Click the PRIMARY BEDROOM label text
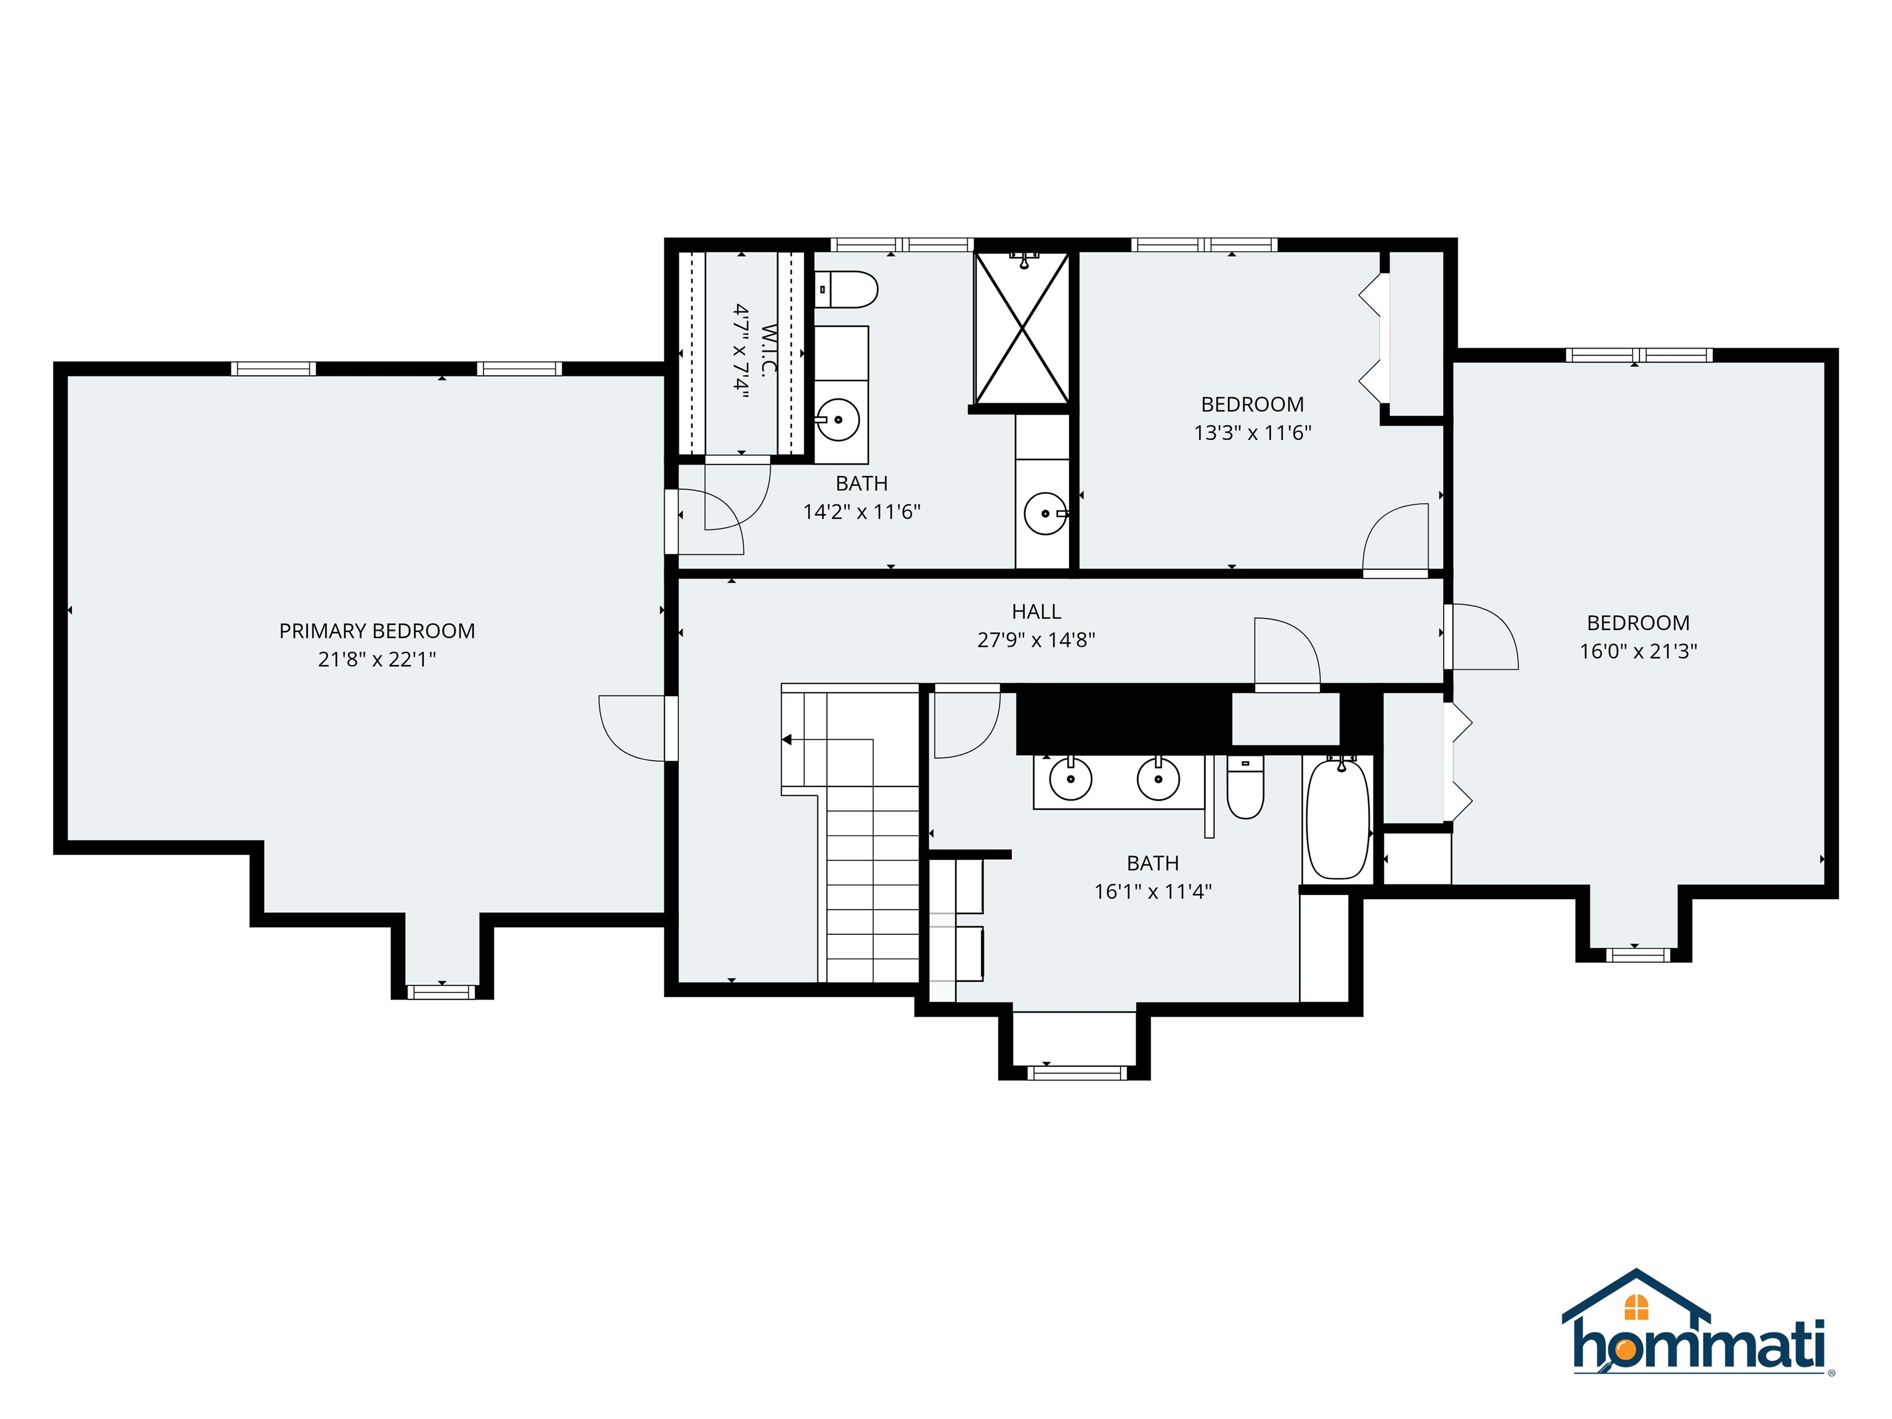pyautogui.click(x=376, y=631)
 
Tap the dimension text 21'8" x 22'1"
pyautogui.click(x=376, y=660)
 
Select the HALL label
pyautogui.click(x=1036, y=612)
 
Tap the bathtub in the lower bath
pyautogui.click(x=1338, y=819)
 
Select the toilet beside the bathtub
pyautogui.click(x=1245, y=788)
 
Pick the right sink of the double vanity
pyautogui.click(x=1157, y=779)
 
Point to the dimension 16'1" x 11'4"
pyautogui.click(x=1152, y=891)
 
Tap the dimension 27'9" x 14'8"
pyautogui.click(x=1036, y=640)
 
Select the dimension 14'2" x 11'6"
pyautogui.click(x=862, y=511)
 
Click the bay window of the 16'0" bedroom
pyautogui.click(x=1637, y=955)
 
